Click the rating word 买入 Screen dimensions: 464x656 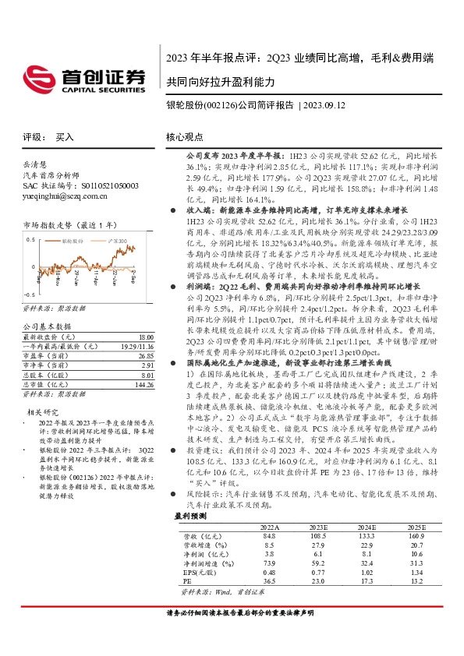[x=65, y=136]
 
